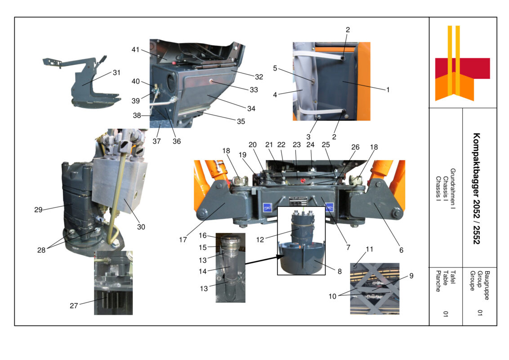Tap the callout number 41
tap(135, 49)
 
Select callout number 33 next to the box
tap(254, 90)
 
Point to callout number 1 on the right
tap(387, 90)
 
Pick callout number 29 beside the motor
tap(39, 209)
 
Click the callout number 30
tap(141, 227)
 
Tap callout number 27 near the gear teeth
tap(74, 306)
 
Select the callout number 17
tap(183, 240)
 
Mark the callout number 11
tap(370, 249)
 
